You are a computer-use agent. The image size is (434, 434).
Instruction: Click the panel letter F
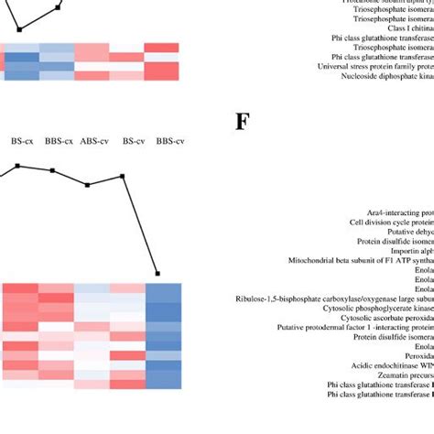pyautogui.click(x=242, y=146)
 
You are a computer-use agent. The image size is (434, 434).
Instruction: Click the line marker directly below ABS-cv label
pyautogui.click(x=88, y=185)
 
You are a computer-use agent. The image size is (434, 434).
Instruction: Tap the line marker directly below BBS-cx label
pyautogui.click(x=53, y=170)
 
